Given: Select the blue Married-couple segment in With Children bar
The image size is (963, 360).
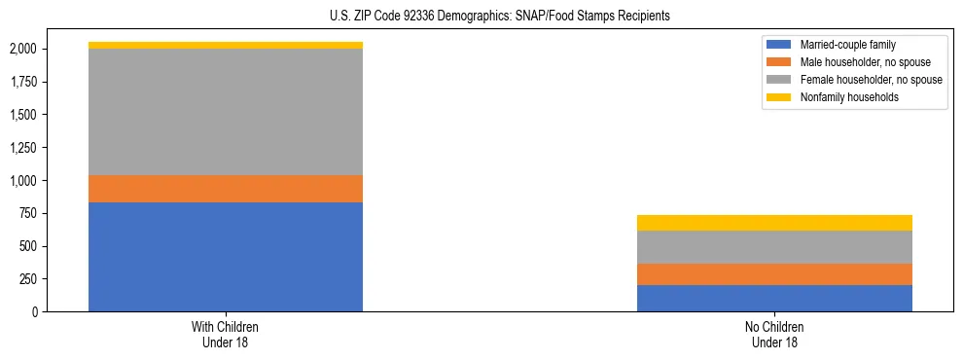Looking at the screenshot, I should point(226,257).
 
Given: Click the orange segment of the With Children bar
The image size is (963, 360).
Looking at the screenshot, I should point(226,189).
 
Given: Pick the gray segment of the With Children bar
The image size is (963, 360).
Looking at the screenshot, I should point(226,112).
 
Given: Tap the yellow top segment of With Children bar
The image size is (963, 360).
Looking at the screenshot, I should point(226,45).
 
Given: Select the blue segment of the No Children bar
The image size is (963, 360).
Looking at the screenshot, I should point(774,298).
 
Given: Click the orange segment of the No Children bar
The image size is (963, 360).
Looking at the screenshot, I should point(774,274).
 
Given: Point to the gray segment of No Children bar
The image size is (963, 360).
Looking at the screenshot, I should point(774,247).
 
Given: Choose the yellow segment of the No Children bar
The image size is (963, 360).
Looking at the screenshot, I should point(774,223).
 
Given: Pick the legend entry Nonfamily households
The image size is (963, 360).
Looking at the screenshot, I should point(842,97).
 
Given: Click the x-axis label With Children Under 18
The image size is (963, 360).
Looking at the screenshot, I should point(226,335).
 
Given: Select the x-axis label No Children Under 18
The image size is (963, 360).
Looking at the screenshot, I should point(774,335).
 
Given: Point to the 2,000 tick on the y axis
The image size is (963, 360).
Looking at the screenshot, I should point(22,49).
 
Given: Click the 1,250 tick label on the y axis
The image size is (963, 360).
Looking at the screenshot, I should point(22,147).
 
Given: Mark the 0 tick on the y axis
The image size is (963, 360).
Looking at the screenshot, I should point(36,311).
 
